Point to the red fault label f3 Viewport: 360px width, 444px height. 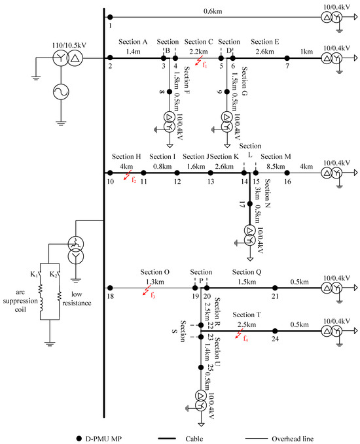[152, 295]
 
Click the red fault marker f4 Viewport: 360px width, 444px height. [245, 337]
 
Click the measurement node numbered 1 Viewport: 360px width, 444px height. [110, 18]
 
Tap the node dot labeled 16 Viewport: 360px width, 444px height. [287, 173]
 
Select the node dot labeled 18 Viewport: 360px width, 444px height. [110, 287]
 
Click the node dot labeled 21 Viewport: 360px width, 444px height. [275, 287]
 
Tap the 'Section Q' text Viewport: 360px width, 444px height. [247, 271]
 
